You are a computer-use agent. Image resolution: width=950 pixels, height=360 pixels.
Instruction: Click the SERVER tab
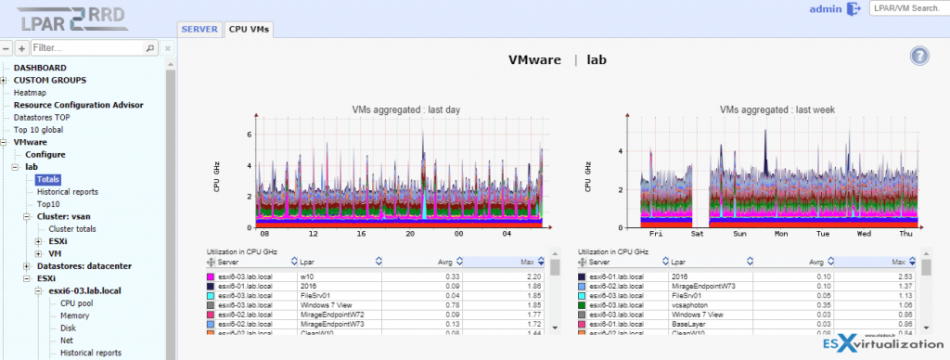coord(199,29)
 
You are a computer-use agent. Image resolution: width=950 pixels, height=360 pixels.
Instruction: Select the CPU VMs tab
coord(249,29)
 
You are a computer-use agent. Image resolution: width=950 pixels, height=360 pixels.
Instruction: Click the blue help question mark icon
coord(918,56)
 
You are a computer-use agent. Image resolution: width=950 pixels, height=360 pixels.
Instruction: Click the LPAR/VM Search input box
coord(907,8)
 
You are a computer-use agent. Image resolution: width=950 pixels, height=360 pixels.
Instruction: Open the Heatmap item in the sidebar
coord(30,93)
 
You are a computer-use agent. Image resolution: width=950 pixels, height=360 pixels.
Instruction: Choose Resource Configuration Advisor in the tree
coord(78,105)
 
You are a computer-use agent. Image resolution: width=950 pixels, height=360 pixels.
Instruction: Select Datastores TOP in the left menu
coord(43,118)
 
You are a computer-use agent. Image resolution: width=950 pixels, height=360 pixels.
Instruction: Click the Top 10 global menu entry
coord(40,130)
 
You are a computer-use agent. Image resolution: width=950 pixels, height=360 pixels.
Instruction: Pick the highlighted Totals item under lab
coord(49,179)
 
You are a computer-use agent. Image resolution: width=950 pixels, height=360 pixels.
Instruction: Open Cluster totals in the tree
coord(74,228)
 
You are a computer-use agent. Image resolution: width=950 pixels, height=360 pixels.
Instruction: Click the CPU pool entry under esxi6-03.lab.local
coord(76,302)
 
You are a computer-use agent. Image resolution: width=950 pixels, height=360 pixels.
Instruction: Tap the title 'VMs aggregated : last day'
coord(405,109)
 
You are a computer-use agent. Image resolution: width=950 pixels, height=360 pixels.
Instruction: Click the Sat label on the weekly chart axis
coord(696,236)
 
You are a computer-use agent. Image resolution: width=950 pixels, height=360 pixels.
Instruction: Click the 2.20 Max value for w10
coord(533,276)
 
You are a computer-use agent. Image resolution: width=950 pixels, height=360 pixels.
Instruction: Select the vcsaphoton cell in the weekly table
coord(692,302)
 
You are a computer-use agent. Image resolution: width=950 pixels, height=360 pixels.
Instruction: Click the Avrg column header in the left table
coord(444,263)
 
